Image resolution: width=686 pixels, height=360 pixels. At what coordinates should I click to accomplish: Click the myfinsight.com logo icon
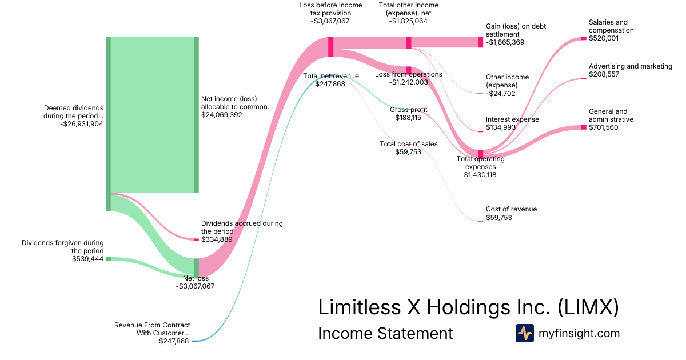[x=524, y=333]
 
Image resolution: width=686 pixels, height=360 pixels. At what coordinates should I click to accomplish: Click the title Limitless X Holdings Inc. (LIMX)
[x=468, y=307]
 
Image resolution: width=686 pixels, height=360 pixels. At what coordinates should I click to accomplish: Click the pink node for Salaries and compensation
[x=584, y=38]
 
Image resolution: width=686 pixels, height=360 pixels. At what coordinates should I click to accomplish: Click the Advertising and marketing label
[x=630, y=66]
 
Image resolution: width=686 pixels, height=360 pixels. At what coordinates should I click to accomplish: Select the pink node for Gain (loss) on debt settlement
[x=480, y=42]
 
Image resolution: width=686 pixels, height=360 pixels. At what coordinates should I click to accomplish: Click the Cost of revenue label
[x=511, y=210]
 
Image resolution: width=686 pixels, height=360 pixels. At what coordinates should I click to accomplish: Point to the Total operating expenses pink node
[x=480, y=154]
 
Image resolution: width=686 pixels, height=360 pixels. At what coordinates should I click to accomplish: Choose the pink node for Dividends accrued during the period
[x=196, y=239]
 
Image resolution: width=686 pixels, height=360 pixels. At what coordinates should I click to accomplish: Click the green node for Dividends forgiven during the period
[x=108, y=259]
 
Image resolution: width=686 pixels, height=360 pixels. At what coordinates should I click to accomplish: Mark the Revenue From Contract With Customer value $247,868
[x=174, y=341]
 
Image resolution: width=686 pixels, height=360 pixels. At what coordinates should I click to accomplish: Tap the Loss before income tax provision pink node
[x=330, y=47]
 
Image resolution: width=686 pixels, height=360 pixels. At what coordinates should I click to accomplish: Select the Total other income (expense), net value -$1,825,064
[x=408, y=21]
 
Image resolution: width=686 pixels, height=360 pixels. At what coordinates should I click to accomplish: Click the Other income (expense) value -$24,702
[x=501, y=93]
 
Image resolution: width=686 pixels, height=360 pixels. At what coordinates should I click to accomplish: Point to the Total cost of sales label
[x=408, y=144]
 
